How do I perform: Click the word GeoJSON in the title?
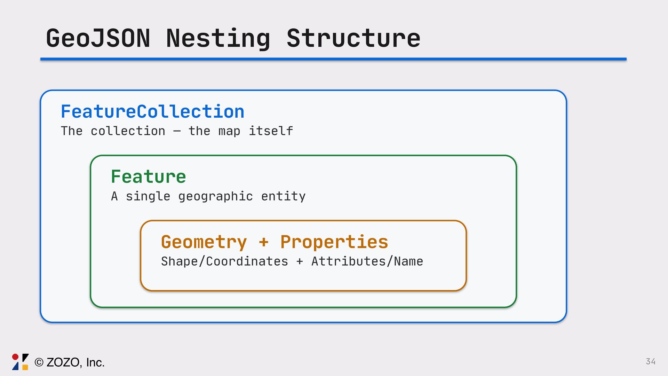pyautogui.click(x=98, y=38)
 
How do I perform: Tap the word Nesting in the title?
pyautogui.click(x=218, y=38)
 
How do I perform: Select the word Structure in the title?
pyautogui.click(x=353, y=38)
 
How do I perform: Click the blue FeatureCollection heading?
pyautogui.click(x=152, y=112)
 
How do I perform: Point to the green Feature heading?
pyautogui.click(x=148, y=177)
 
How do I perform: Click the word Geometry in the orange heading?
pyautogui.click(x=204, y=242)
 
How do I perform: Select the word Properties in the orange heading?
pyautogui.click(x=334, y=242)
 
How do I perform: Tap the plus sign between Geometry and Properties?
pyautogui.click(x=264, y=242)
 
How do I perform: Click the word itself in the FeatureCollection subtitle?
pyautogui.click(x=271, y=131)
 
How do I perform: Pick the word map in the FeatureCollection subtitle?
pyautogui.click(x=229, y=132)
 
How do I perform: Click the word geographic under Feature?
pyautogui.click(x=215, y=197)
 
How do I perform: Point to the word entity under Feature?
pyautogui.click(x=283, y=197)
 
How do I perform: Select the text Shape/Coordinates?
pyautogui.click(x=224, y=261)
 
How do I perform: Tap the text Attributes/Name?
pyautogui.click(x=367, y=261)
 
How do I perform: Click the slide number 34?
pyautogui.click(x=651, y=361)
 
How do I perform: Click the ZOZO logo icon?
pyautogui.click(x=20, y=362)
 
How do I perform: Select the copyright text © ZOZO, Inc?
pyautogui.click(x=70, y=362)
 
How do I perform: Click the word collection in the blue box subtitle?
pyautogui.click(x=128, y=131)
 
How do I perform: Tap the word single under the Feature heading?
pyautogui.click(x=148, y=197)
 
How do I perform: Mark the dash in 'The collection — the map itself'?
pyautogui.click(x=177, y=132)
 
